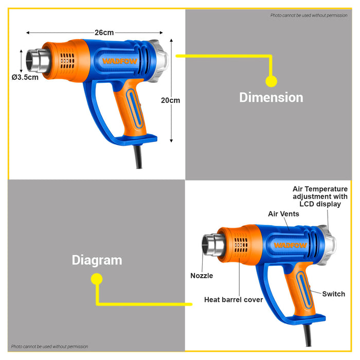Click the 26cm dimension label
pos(104,32)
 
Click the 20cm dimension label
pos(170,100)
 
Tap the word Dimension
pos(271,97)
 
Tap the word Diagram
pos(97,260)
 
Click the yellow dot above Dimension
pos(271,81)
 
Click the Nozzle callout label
pos(202,276)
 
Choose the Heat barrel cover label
pos(233,299)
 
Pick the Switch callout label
pos(334,294)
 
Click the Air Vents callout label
pos(284,213)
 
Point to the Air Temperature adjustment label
pos(320,196)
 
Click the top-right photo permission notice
pos(309,15)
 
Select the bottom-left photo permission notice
pos(49,347)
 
